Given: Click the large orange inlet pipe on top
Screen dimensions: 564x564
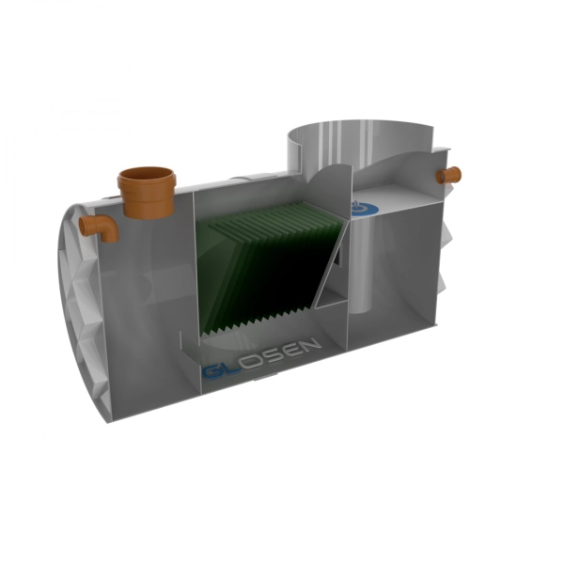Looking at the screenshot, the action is point(148,195).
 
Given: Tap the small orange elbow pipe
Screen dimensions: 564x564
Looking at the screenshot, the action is point(100,227).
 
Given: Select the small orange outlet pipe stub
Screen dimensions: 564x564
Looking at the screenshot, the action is point(448,176).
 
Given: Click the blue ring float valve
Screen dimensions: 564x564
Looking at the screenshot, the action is point(363,209).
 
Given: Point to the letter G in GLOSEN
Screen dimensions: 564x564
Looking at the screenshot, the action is point(213,372).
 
